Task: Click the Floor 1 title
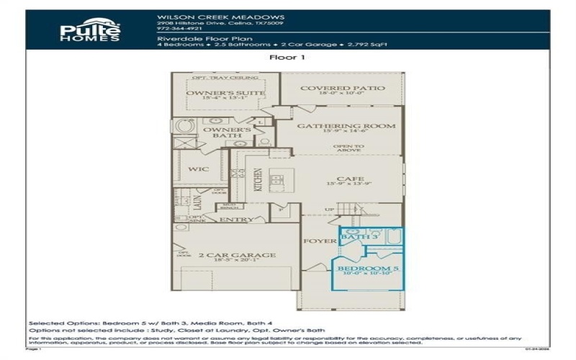click(x=287, y=58)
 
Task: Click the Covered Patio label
click(x=343, y=89)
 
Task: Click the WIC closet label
click(x=199, y=170)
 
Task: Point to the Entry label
click(x=236, y=220)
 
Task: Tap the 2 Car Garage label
click(x=227, y=255)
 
